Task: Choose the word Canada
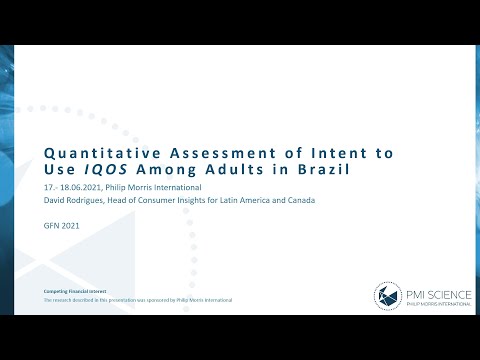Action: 299,200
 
